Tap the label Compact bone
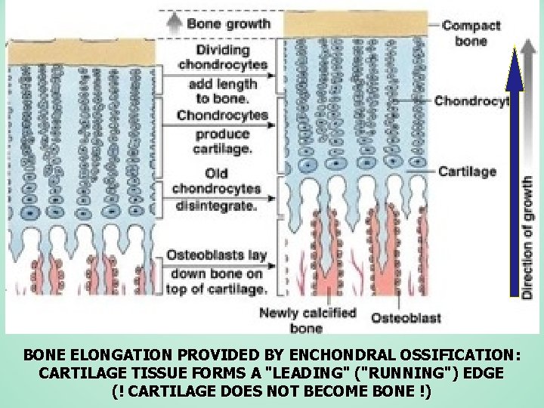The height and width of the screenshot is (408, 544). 471,32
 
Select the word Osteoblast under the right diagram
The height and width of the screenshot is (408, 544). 405,318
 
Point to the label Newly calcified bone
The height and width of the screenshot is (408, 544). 307,320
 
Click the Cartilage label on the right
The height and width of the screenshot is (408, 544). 468,171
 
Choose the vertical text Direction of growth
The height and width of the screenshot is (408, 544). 528,236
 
